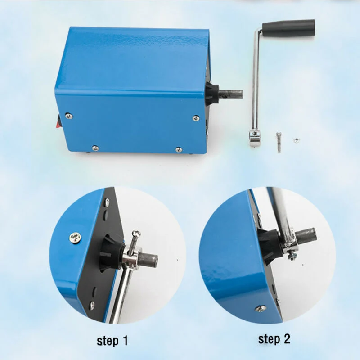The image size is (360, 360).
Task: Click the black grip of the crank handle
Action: pos(288,27)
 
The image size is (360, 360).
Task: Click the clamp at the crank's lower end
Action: pos(254,137)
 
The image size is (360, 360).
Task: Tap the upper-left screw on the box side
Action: pos(68,116)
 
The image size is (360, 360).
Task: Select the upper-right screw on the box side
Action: pos(196,118)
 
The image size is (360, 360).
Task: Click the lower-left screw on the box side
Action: pos(94,148)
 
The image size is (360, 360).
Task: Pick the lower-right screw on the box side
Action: pos(179,149)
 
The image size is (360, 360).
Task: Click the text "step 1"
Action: pos(115,341)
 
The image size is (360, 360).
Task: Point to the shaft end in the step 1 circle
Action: pos(151,259)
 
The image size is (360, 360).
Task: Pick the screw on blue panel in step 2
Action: pos(260,308)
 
